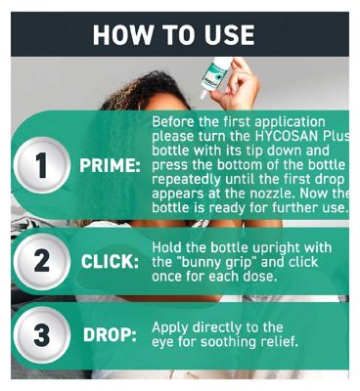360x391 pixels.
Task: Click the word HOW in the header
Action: click(123, 35)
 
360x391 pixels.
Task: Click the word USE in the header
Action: click(229, 35)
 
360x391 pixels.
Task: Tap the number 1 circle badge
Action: click(41, 165)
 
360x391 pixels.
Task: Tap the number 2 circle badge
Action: click(41, 261)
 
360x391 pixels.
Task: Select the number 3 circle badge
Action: click(41, 335)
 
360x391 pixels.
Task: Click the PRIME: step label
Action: click(110, 166)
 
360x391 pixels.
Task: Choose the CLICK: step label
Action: click(110, 262)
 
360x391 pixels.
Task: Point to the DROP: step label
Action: click(110, 335)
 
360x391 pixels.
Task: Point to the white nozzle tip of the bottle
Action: click(203, 95)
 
